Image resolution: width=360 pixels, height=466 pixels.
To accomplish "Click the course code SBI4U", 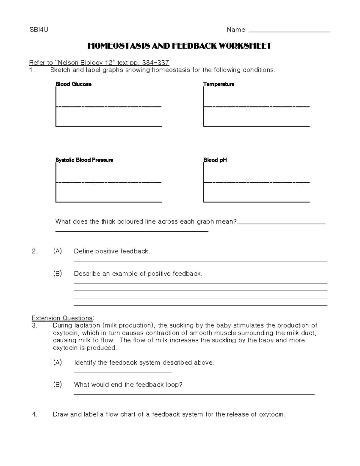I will click(x=39, y=29).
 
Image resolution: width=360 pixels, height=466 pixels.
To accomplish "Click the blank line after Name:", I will click(x=289, y=31).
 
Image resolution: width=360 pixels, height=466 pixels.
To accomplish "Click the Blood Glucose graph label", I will click(x=73, y=84).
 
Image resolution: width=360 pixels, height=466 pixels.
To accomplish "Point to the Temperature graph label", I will click(x=219, y=84).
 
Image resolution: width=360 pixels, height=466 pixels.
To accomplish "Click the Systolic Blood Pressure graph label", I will click(x=84, y=160).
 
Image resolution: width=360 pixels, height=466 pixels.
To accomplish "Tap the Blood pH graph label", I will click(x=215, y=160).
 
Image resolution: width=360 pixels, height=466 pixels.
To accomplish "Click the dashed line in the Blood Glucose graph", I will click(x=109, y=107).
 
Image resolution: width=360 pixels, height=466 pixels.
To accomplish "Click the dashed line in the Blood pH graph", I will click(x=256, y=182).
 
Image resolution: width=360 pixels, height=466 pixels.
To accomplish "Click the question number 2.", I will click(x=34, y=251).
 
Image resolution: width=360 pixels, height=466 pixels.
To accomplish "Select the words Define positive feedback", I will click(x=112, y=251).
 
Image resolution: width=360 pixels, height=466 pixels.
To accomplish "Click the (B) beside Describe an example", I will click(x=57, y=274).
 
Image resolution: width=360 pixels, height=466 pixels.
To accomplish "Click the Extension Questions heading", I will click(x=63, y=318).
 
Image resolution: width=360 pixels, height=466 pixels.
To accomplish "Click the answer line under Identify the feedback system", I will click(x=122, y=372).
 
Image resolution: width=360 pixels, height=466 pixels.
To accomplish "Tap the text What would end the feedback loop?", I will click(x=128, y=385).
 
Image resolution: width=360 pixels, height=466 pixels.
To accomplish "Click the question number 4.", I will click(x=34, y=415).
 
